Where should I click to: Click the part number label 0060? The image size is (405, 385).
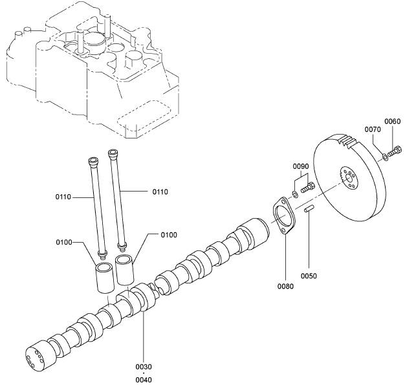click(x=392, y=122)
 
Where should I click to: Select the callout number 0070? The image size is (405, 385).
click(x=372, y=129)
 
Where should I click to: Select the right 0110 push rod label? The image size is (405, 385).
click(x=161, y=192)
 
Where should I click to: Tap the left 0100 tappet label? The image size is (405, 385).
click(x=65, y=242)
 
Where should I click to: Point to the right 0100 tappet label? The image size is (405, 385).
click(x=168, y=234)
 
